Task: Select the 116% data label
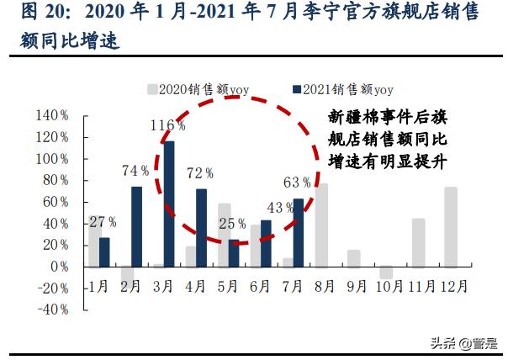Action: (168, 125)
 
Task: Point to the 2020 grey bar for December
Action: (451, 226)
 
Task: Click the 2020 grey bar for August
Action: (320, 225)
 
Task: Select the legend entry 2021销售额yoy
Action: (342, 88)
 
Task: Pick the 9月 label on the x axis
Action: (357, 287)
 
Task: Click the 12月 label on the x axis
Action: (455, 287)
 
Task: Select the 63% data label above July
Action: (298, 181)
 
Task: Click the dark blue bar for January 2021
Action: (104, 251)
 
